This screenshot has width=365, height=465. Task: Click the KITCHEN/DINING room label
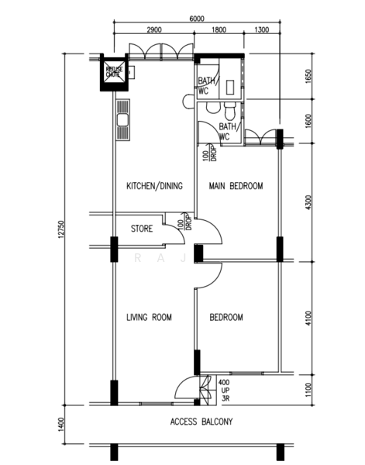[x=153, y=186]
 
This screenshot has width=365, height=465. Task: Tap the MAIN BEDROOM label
[x=236, y=186]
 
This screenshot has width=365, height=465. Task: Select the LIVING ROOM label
[x=149, y=317]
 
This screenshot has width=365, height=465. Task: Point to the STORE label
[x=141, y=229]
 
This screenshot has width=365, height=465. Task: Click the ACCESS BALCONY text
[x=201, y=422]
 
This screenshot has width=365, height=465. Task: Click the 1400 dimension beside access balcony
[x=60, y=424]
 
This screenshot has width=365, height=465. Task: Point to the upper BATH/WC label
[x=206, y=85]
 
